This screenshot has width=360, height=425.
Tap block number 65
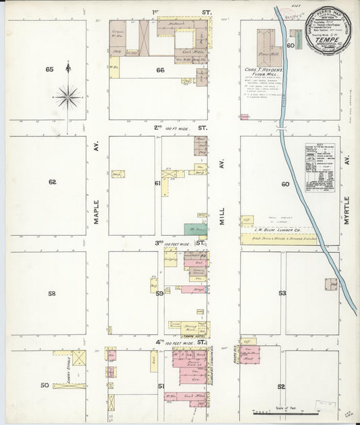click(x=49, y=70)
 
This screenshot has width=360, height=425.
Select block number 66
click(x=160, y=70)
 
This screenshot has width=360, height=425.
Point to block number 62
click(x=51, y=182)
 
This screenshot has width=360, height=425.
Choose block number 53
click(x=282, y=293)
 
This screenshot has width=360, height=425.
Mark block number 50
click(x=45, y=386)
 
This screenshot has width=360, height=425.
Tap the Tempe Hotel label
click(x=194, y=336)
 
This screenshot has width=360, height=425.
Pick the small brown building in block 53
click(x=331, y=284)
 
